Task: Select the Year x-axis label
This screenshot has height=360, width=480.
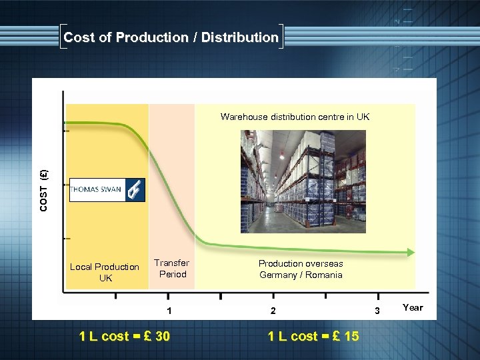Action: pyautogui.click(x=413, y=307)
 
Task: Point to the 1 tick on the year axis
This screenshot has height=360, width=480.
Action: pyautogui.click(x=170, y=311)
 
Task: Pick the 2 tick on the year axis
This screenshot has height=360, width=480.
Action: pyautogui.click(x=272, y=311)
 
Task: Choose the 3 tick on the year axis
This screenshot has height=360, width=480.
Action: pyautogui.click(x=377, y=311)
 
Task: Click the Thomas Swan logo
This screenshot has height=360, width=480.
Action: pyautogui.click(x=107, y=189)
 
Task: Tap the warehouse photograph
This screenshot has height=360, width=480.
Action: pyautogui.click(x=303, y=180)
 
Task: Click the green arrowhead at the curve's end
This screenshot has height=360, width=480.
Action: pyautogui.click(x=410, y=253)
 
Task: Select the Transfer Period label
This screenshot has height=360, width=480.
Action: pyautogui.click(x=172, y=269)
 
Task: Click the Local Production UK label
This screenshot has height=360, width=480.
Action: pyautogui.click(x=105, y=272)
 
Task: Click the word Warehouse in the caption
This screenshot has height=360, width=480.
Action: pyautogui.click(x=245, y=117)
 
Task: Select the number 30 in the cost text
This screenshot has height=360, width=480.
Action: pyautogui.click(x=162, y=336)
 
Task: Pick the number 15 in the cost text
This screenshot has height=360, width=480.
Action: pyautogui.click(x=351, y=336)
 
